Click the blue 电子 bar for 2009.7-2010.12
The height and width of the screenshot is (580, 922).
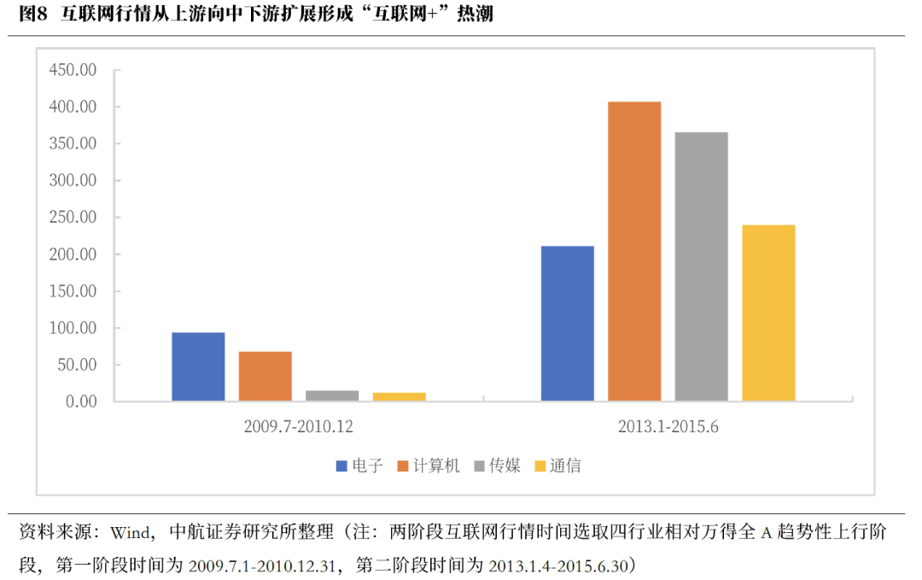(x=198, y=366)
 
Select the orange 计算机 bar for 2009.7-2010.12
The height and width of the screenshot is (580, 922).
(x=265, y=376)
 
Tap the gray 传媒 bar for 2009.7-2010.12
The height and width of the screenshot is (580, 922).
(x=332, y=395)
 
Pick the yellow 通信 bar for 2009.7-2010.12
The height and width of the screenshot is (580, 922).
(x=399, y=396)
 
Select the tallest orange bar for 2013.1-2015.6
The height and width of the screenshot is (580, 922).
(x=634, y=251)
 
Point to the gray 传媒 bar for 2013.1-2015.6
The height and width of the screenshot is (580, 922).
(x=701, y=267)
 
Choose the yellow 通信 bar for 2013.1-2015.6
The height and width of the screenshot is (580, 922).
(x=768, y=313)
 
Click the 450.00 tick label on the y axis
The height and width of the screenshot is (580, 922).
(x=73, y=70)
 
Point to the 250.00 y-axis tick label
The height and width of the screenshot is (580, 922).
(x=73, y=218)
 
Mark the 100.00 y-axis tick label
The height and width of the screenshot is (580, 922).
(x=73, y=328)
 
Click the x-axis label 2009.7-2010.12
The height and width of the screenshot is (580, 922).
(x=298, y=425)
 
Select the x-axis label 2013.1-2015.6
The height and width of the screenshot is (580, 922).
(x=668, y=425)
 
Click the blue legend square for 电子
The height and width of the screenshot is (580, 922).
(x=341, y=466)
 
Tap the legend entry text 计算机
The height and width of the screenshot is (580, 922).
(x=436, y=466)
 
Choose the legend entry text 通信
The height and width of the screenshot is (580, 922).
(x=565, y=466)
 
